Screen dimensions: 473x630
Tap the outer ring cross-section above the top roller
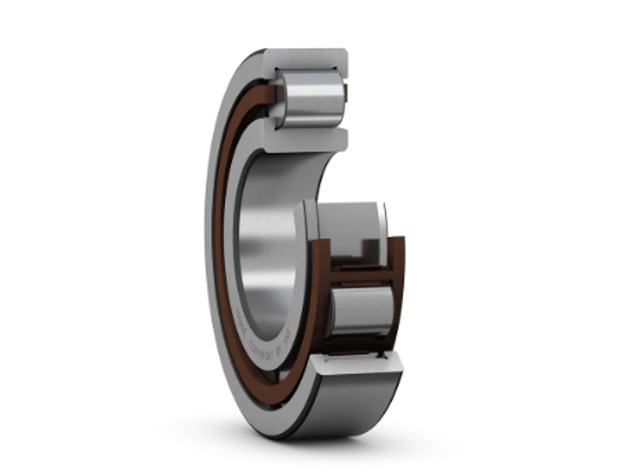coord(306,59)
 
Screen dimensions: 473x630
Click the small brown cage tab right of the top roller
coord(346,94)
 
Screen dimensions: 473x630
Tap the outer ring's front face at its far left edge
coord(209,246)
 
